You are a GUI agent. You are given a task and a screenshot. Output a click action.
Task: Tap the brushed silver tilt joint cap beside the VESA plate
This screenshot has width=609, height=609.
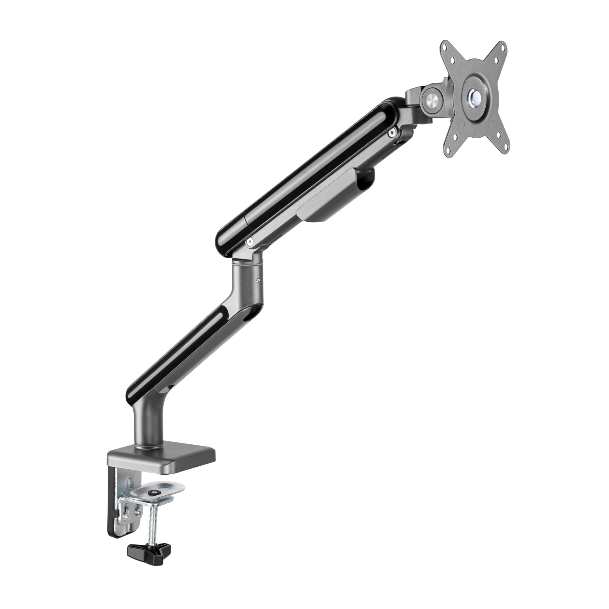click(430, 99)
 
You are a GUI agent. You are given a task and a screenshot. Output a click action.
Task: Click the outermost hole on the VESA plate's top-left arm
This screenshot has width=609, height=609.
click(445, 47)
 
